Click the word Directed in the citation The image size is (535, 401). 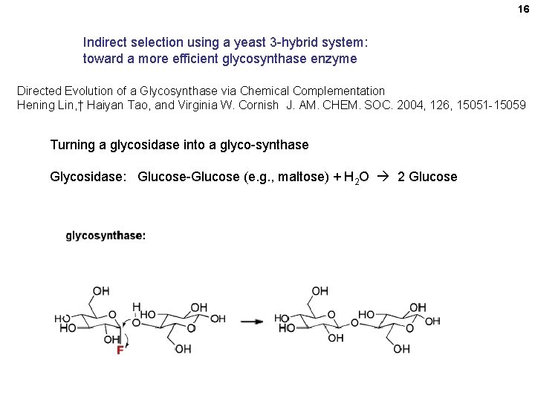41,91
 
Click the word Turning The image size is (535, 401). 72,145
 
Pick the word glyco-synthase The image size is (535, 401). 267,145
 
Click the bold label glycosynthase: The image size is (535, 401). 106,235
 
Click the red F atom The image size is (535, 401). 120,350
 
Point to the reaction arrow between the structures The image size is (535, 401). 253,322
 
